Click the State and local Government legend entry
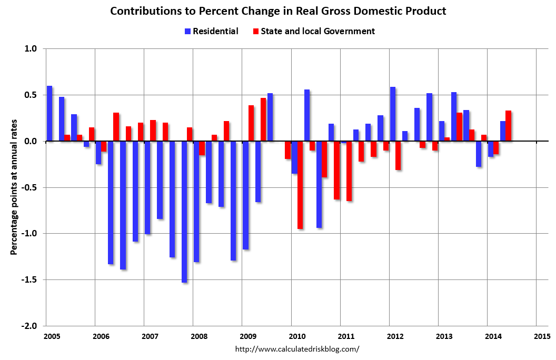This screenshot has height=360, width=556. (x=314, y=32)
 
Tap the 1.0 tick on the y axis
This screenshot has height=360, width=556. (x=31, y=49)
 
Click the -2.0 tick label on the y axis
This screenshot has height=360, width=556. (x=30, y=326)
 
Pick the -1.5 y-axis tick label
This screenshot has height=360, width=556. (x=30, y=280)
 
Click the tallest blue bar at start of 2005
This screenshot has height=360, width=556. (x=49, y=114)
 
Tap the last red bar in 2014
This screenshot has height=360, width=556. (x=509, y=126)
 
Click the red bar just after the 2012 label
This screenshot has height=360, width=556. (x=399, y=156)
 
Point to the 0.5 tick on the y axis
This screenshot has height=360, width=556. (x=31, y=95)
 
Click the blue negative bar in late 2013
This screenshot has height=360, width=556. (x=479, y=154)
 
